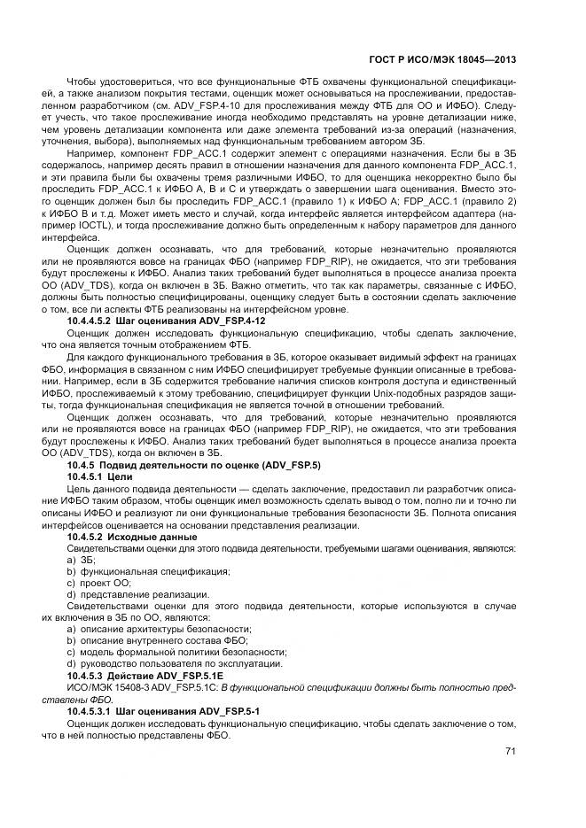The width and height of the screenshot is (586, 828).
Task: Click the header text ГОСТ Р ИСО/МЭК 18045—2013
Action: point(441,60)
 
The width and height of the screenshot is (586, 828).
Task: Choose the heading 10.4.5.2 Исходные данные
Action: point(132,537)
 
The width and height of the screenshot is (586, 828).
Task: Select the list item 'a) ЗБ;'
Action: point(80,560)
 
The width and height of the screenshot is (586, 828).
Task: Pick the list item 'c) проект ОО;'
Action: point(98,583)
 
